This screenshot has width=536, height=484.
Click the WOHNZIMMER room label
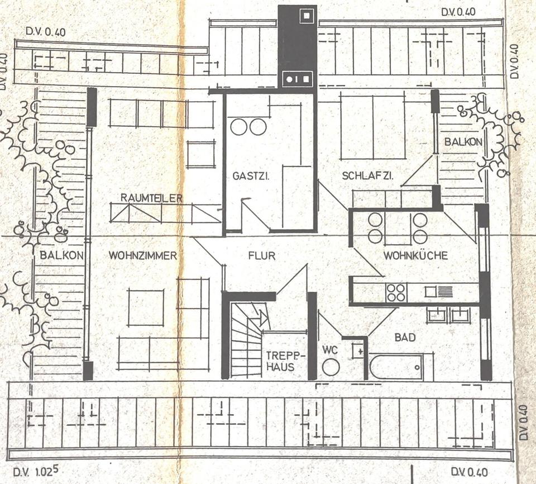[142, 255]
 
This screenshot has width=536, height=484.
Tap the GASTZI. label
[251, 176]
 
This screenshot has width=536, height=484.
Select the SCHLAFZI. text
[367, 176]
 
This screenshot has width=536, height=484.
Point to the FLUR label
[262, 255]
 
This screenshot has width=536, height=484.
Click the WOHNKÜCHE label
[415, 255]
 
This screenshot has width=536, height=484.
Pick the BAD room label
[405, 338]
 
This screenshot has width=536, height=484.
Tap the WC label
[330, 350]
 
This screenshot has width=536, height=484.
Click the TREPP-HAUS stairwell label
[280, 361]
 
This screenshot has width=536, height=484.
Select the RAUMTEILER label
[151, 198]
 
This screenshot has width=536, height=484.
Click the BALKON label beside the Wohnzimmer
[61, 255]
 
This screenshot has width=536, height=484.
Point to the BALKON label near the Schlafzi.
[463, 142]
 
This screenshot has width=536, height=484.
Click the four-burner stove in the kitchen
[396, 293]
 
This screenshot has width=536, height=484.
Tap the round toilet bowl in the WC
[331, 368]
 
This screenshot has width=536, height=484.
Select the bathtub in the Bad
[396, 367]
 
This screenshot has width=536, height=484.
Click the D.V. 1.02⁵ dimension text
[36, 472]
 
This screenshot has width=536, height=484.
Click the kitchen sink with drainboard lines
[439, 292]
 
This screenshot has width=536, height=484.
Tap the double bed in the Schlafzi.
[372, 127]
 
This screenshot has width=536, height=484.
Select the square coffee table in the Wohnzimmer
[146, 308]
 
